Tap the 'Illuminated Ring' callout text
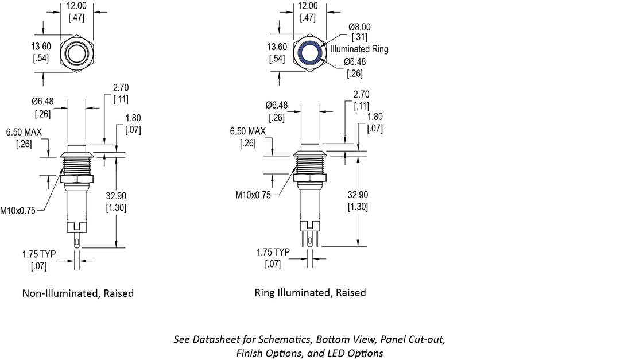click(359, 49)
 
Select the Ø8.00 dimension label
click(359, 27)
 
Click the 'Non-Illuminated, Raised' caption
click(78, 293)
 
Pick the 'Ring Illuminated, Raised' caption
click(310, 293)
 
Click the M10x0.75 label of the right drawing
click(253, 195)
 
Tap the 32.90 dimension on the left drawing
click(117, 195)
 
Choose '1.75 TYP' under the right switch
click(273, 252)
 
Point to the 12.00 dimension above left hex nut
click(76, 6)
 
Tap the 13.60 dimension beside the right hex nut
click(278, 47)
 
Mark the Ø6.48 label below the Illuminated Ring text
click(355, 62)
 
